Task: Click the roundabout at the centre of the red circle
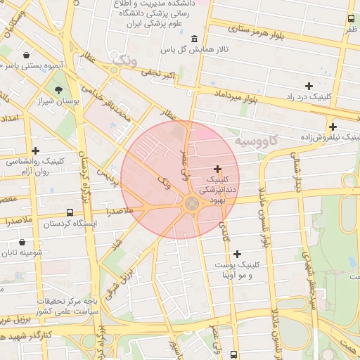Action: pyautogui.click(x=191, y=204)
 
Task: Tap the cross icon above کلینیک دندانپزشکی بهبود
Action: pyautogui.click(x=217, y=169)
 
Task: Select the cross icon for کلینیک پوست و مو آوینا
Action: pyautogui.click(x=237, y=254)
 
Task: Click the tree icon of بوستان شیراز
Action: pyautogui.click(x=58, y=89)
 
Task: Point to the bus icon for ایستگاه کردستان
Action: pyautogui.click(x=70, y=212)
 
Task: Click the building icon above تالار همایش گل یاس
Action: pyautogui.click(x=194, y=38)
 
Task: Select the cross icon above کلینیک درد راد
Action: pyautogui.click(x=309, y=85)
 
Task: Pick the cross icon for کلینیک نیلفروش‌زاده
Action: pyautogui.click(x=333, y=127)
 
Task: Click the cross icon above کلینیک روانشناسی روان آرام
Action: pyautogui.click(x=36, y=150)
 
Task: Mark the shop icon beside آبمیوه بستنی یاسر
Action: pyautogui.click(x=27, y=55)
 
